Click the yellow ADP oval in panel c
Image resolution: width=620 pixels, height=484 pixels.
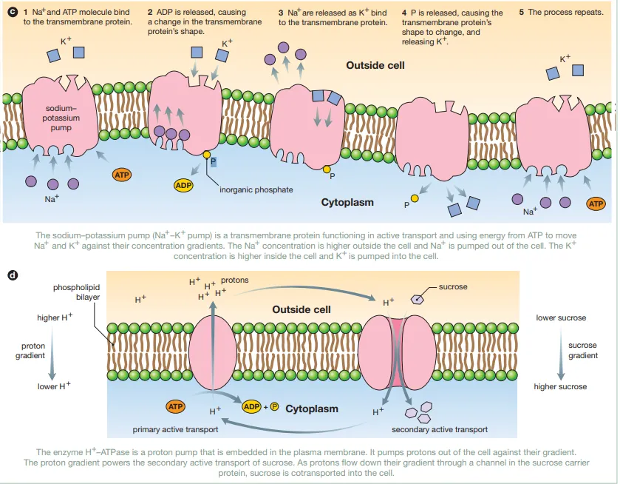(183, 185)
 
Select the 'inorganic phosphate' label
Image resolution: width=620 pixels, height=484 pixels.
(256, 190)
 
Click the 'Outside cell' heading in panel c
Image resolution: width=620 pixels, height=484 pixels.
(375, 66)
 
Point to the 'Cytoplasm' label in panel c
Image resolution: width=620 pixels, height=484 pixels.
(347, 202)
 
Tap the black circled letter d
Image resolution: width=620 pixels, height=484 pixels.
(12, 275)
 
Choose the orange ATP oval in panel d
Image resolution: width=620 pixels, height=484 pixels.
(175, 406)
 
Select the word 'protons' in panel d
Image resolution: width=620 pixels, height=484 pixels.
(234, 281)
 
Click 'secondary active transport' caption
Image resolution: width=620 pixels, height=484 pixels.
(439, 429)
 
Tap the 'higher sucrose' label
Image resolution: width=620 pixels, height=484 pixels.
(561, 386)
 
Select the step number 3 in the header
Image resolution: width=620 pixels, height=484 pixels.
(281, 13)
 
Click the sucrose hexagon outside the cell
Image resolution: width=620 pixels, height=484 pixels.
(418, 300)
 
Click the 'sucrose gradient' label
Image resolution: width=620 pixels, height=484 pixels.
(582, 351)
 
